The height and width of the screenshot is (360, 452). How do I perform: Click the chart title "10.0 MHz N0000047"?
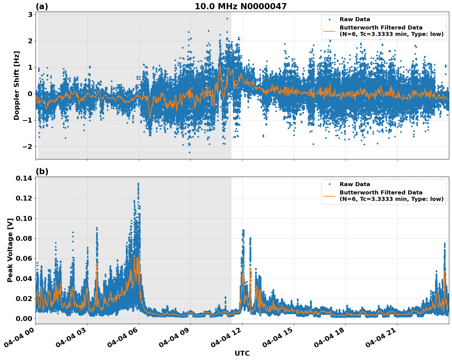coord(241,6)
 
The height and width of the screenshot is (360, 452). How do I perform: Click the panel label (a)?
coord(42,6)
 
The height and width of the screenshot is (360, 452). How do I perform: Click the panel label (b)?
coord(42,171)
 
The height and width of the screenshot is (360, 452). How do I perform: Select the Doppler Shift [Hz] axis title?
coord(17,85)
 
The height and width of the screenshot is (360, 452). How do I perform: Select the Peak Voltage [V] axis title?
coord(10,250)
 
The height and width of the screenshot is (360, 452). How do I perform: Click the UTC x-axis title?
coord(242,353)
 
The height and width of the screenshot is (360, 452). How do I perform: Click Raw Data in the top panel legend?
coord(355,20)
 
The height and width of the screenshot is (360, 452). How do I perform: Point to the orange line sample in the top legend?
coord(329,31)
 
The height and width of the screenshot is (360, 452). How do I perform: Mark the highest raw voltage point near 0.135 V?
coord(138,184)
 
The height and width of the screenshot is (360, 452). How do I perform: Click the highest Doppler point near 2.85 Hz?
coord(227,18)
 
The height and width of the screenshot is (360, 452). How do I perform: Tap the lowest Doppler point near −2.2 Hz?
coord(189,152)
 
